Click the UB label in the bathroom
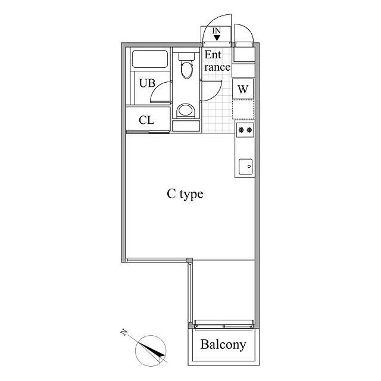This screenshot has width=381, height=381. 146,83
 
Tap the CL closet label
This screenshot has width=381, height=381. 146,120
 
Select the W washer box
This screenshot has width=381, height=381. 243,89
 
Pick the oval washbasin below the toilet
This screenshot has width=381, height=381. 185,111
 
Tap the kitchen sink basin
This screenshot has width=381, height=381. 245,167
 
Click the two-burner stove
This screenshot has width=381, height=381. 245,130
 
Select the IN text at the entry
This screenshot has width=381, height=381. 217,30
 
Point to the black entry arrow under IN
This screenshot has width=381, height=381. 217,38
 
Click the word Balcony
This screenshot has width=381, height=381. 223,345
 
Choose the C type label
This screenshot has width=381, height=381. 185,194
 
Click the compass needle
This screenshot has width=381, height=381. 154,351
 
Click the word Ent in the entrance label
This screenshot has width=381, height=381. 213,55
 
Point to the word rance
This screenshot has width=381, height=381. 217,67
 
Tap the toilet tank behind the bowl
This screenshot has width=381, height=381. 187,58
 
